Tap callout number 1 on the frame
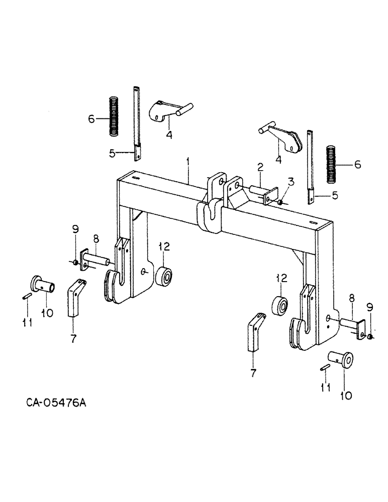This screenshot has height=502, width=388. point(188,162)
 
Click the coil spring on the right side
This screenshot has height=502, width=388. point(332,165)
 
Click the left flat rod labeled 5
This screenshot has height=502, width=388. point(136,123)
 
